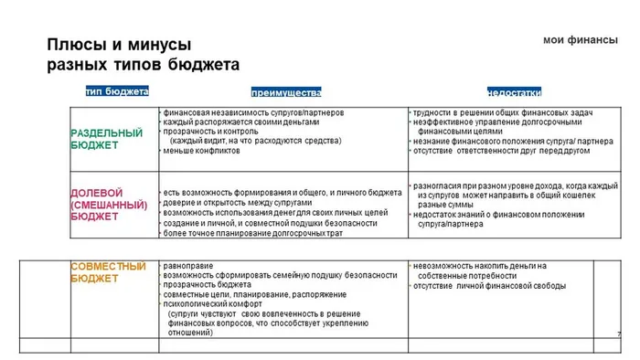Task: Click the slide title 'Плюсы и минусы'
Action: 119,45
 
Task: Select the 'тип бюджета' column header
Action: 117,91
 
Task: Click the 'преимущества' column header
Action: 286,93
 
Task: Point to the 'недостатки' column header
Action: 514,93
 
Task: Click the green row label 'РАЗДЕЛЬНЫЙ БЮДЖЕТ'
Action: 107,139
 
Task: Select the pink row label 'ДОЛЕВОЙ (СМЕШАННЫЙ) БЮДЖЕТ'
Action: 109,205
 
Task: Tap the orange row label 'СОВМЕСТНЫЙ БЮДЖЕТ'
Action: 109,271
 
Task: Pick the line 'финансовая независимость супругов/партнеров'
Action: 253,112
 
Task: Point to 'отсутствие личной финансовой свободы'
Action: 489,285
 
